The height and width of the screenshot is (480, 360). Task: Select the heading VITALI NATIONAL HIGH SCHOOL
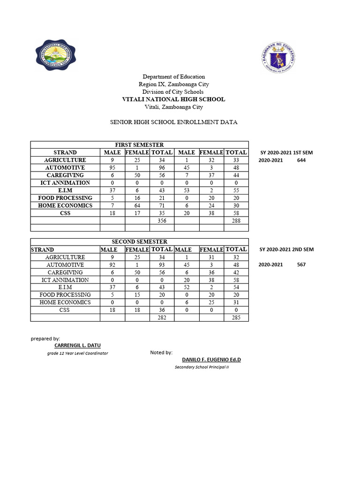173,99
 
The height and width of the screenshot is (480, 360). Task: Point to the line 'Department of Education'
173,76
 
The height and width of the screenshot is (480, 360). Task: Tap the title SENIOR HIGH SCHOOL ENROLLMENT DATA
173,122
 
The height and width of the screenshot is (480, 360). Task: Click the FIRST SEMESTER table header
139,145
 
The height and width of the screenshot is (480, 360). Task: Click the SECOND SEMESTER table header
139,242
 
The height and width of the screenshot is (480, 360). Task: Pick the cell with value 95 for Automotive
112,168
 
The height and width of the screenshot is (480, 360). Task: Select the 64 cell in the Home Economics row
137,205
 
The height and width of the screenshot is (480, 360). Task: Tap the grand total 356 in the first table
162,220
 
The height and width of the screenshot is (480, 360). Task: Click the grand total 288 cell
236,220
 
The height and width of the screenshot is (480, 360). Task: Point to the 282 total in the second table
162,318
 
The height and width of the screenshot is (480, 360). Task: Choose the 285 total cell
236,318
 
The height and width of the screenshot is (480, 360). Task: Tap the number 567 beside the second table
301,265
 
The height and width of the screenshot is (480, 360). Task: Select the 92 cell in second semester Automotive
112,265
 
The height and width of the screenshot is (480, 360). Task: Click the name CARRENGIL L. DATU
77,345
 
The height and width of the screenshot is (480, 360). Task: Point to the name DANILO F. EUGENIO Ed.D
208,360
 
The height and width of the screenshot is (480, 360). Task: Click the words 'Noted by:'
161,352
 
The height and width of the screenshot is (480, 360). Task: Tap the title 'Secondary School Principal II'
202,367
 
